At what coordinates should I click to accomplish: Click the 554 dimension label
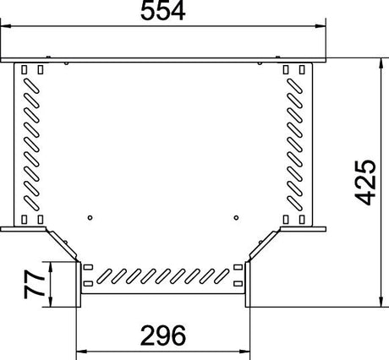click(x=162, y=11)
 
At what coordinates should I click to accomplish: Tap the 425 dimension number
click(x=365, y=183)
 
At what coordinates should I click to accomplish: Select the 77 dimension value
click(x=35, y=284)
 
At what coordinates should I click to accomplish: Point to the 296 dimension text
click(x=163, y=335)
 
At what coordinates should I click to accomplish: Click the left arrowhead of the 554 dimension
click(x=6, y=26)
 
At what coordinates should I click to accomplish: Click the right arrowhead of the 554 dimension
click(x=321, y=26)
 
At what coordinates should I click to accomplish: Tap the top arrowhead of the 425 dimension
click(x=381, y=63)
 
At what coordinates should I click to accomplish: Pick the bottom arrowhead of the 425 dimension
click(x=381, y=302)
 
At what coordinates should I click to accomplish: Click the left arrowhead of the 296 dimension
click(x=82, y=352)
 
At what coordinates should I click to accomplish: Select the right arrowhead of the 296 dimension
click(x=244, y=352)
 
